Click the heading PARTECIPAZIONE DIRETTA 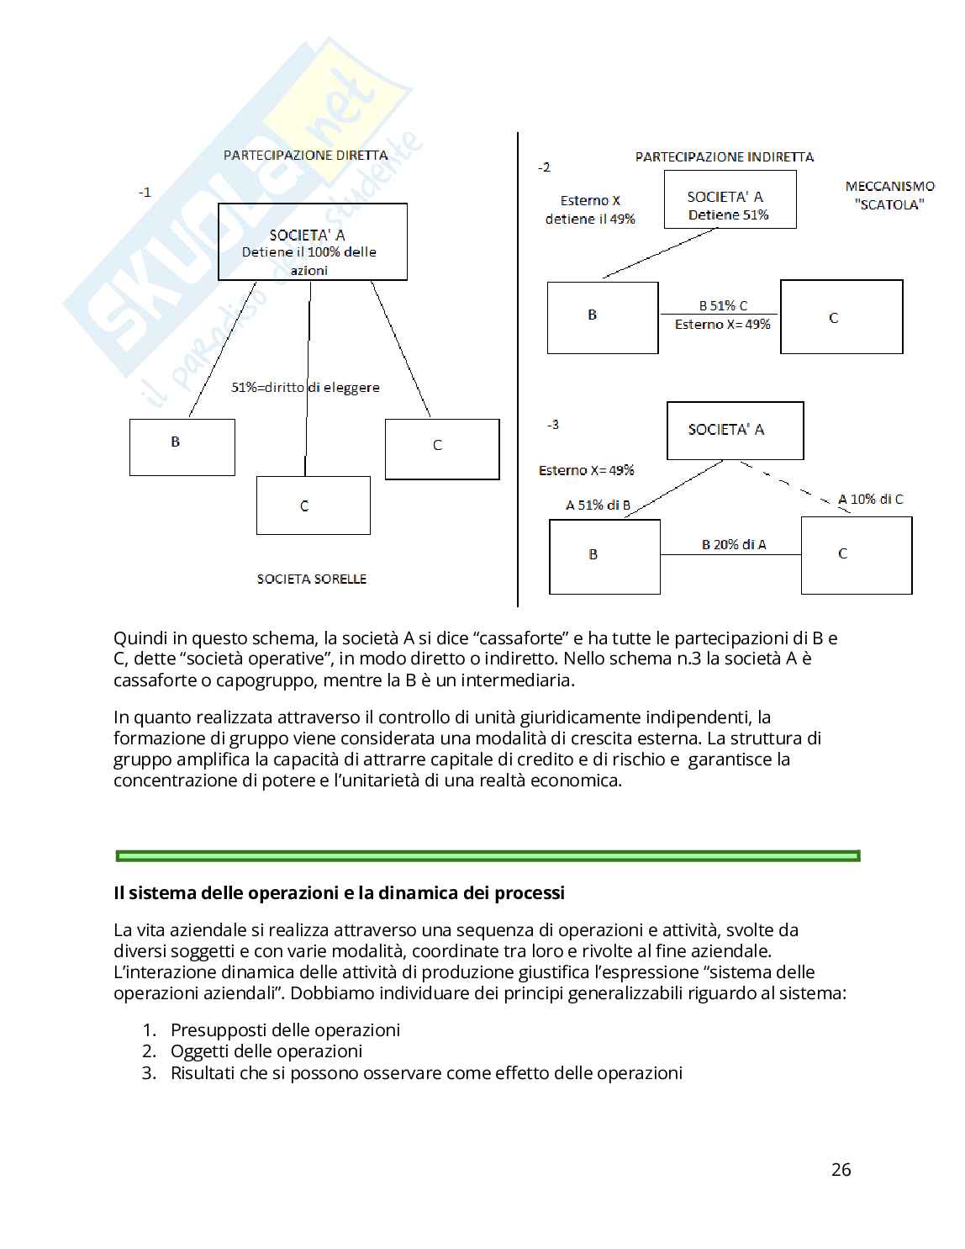point(305,155)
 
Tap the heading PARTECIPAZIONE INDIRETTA point(724,156)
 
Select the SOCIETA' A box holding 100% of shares point(312,242)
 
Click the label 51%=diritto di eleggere point(305,388)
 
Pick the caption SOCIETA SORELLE point(311,579)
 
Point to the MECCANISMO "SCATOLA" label point(889,195)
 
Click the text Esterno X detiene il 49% point(590,209)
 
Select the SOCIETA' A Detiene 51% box point(730,200)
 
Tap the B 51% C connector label point(723,306)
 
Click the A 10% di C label point(870,499)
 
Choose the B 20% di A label point(734,544)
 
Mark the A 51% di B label point(598,505)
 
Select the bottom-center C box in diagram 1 point(313,505)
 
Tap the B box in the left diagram point(182,447)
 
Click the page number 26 point(841,1169)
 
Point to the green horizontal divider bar point(488,855)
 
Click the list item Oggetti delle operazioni point(266,1051)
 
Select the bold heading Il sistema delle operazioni point(339,892)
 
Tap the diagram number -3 point(552,424)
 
